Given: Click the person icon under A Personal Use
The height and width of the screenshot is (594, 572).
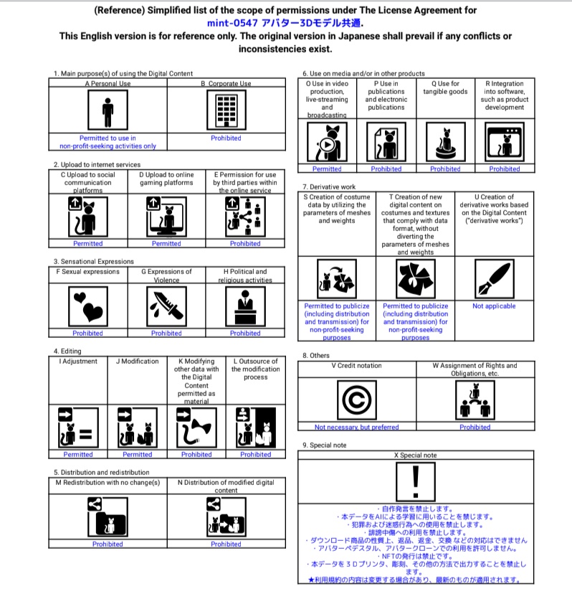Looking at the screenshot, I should coord(108,110).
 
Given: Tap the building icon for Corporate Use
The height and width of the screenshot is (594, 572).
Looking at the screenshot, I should coord(226,110).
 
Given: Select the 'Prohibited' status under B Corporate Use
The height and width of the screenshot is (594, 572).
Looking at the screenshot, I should coord(226,138).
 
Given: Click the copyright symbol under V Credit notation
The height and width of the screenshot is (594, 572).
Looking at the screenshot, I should coord(356,400).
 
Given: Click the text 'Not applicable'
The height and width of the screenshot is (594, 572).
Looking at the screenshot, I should coord(494,306).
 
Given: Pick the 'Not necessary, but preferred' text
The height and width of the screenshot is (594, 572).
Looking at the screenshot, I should coord(356,428).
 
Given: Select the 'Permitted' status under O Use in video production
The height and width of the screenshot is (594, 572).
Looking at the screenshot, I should coord(327,169).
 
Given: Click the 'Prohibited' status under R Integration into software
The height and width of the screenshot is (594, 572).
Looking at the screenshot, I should coord(505,169).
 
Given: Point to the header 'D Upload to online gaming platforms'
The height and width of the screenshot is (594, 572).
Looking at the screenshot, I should coord(166,178).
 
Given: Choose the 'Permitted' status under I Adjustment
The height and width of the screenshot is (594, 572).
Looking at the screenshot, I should coord(78,454).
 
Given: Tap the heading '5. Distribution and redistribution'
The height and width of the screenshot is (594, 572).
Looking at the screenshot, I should coord(101,472).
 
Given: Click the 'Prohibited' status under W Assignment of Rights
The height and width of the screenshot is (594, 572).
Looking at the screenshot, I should coord(475,428).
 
